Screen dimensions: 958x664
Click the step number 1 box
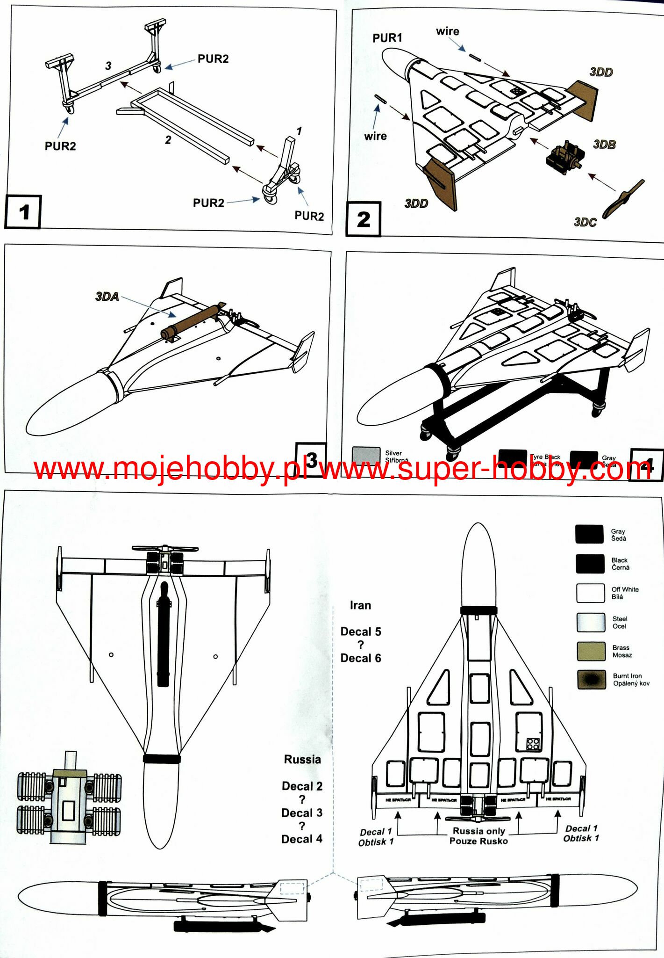(23, 212)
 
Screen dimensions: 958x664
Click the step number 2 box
(364, 219)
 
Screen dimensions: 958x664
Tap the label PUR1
(387, 38)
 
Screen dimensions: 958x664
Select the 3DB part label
(604, 145)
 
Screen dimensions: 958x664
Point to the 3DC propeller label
(585, 222)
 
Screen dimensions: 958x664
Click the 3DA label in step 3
(107, 297)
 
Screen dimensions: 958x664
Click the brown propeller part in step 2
(623, 199)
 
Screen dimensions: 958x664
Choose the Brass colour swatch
(591, 651)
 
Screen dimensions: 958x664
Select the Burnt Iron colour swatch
(591, 680)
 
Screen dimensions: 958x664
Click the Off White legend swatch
(591, 593)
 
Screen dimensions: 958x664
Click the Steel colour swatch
(591, 622)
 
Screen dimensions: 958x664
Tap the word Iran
(360, 605)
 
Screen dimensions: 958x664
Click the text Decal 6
(360, 658)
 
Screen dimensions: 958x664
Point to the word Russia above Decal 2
(302, 759)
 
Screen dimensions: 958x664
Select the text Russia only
(478, 831)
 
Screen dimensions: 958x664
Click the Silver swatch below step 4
(366, 455)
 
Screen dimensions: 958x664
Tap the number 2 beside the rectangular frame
(168, 140)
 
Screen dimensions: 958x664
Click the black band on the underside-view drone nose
(162, 758)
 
